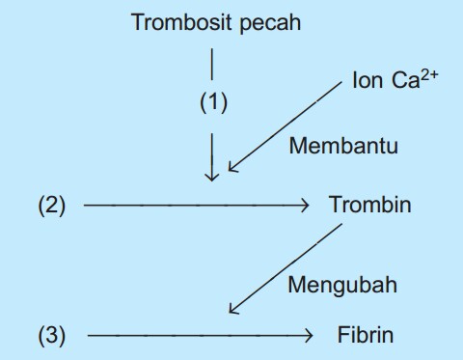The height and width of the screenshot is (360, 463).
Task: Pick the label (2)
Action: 52,205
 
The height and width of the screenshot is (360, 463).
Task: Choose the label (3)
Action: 52,335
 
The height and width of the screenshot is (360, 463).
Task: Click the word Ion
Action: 368,82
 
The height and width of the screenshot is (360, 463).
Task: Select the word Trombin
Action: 369,205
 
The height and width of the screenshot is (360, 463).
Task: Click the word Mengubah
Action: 341,285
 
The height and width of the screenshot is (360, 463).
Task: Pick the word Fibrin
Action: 366,335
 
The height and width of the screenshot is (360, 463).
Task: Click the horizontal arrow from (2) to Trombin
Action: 193,205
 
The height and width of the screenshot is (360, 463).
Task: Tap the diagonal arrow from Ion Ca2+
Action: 285,126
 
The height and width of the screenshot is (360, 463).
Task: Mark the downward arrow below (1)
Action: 213,154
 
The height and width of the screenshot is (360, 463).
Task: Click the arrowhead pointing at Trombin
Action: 304,205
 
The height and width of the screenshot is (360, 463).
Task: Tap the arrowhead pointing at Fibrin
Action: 309,335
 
